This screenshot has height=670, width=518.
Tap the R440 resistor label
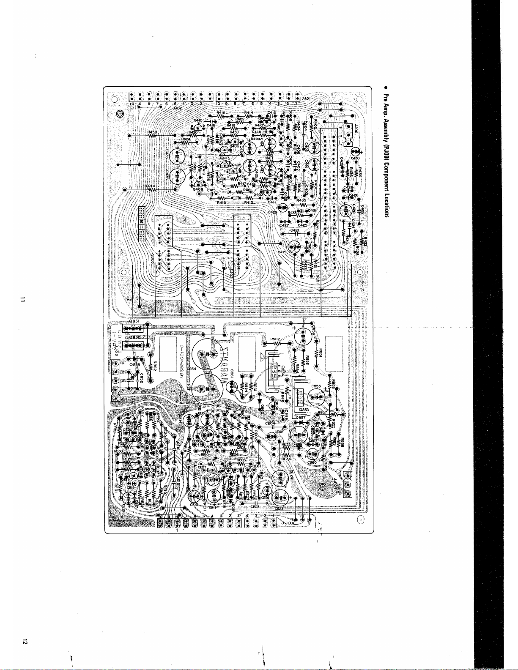point(150,186)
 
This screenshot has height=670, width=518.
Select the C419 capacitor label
point(282,252)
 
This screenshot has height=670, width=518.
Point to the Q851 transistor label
point(134,321)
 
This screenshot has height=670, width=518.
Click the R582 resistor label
point(275,339)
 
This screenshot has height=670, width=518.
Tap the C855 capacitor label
point(317,386)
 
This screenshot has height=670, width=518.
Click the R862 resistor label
point(156,366)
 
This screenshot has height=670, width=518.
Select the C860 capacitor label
point(312,463)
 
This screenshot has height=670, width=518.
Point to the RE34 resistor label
point(286,458)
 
